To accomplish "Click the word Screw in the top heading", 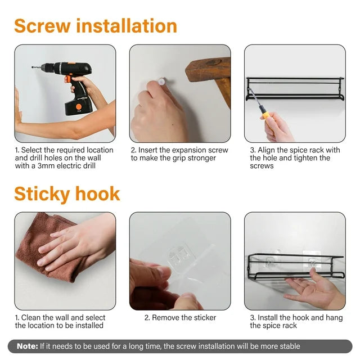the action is click(x=42, y=26).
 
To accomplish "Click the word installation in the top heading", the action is click(x=127, y=26).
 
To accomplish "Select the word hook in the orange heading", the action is click(x=98, y=193).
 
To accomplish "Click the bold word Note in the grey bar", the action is click(x=28, y=346).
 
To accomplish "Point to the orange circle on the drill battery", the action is click(x=79, y=107).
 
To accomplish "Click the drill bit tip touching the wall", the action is click(x=32, y=67).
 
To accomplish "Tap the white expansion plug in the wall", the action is click(x=161, y=81).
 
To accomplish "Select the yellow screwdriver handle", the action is click(x=267, y=114).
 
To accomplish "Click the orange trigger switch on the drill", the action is click(x=68, y=79).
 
